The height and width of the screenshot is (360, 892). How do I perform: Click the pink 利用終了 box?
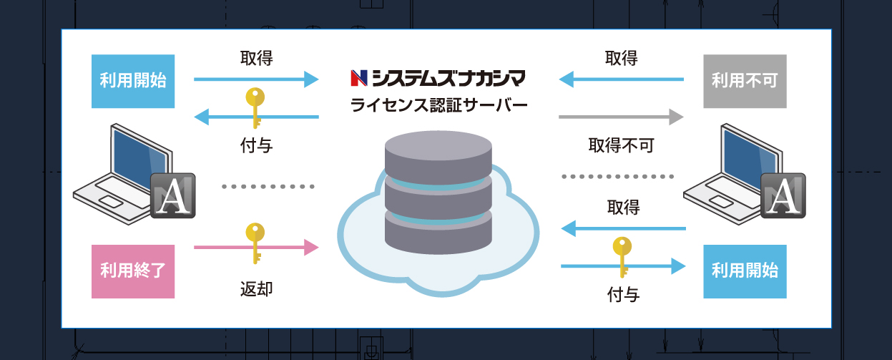(133, 271)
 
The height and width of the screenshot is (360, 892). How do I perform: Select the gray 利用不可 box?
(745, 81)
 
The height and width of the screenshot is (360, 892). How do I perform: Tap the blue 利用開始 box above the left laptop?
(133, 81)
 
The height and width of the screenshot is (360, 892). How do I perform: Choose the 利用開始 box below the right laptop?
(745, 271)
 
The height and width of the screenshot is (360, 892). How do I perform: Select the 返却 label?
(256, 289)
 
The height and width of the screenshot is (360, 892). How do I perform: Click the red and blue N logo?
(359, 77)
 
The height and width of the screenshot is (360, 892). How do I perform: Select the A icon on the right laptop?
(784, 195)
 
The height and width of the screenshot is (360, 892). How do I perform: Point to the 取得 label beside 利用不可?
(621, 57)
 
